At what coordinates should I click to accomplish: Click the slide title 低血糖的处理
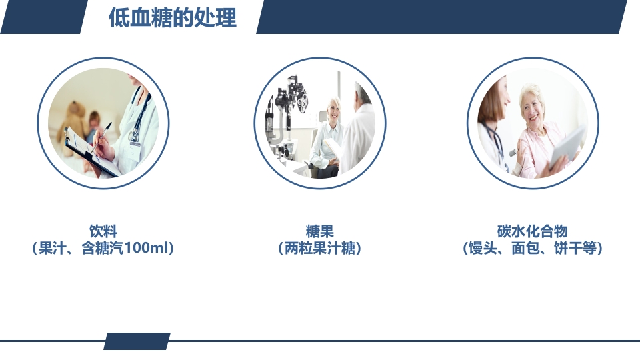click(x=172, y=18)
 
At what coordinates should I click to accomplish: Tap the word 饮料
click(x=103, y=231)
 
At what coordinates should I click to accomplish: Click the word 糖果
click(x=319, y=231)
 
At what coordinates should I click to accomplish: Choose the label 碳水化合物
click(x=532, y=231)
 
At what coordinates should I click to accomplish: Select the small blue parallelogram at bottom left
click(x=137, y=341)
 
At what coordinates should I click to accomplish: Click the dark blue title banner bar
click(x=440, y=17)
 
